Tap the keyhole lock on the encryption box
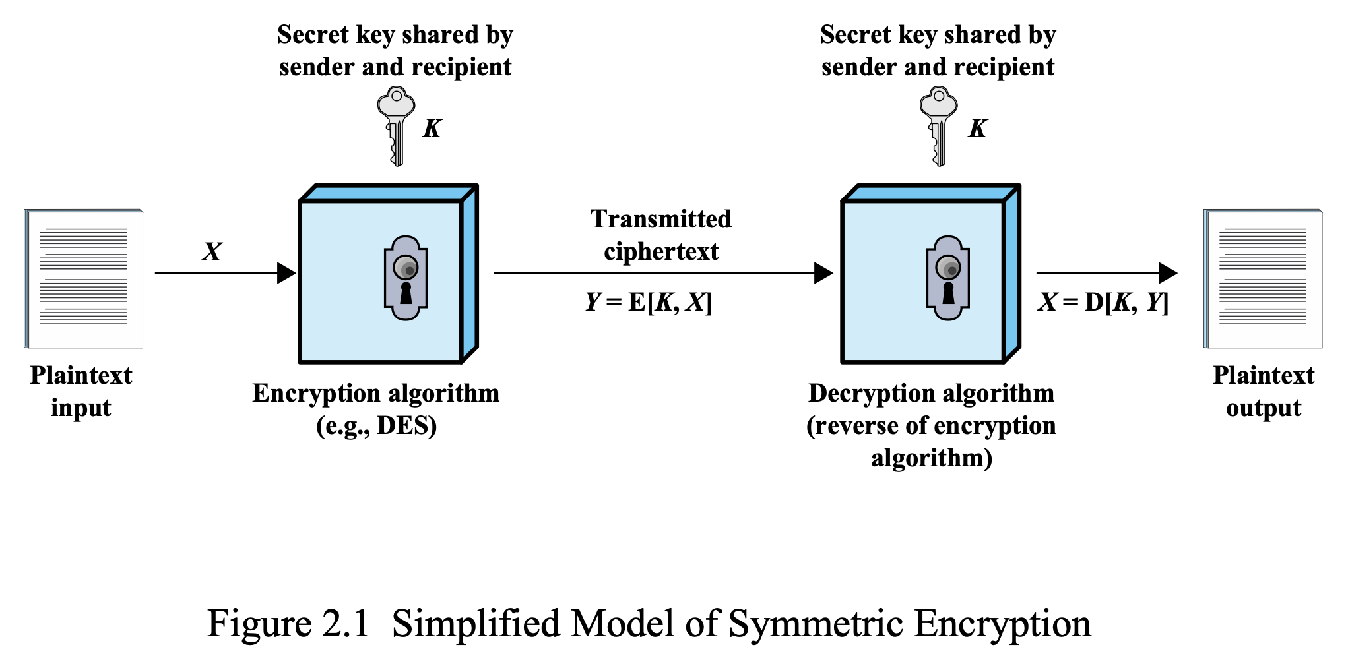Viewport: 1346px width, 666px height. click(406, 278)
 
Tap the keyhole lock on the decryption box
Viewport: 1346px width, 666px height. click(948, 278)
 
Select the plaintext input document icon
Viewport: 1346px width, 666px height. click(84, 278)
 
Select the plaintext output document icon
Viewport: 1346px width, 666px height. click(1263, 278)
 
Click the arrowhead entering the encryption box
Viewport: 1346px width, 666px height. click(287, 273)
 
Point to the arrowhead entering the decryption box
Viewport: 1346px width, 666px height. click(824, 273)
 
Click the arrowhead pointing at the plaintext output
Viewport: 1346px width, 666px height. click(1169, 273)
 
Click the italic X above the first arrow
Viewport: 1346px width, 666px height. click(212, 252)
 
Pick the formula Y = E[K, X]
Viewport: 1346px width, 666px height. click(649, 302)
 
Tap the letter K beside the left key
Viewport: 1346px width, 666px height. click(432, 129)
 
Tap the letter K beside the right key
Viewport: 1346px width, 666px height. click(978, 129)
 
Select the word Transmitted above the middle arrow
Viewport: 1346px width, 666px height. click(661, 219)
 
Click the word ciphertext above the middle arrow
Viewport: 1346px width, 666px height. click(661, 252)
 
